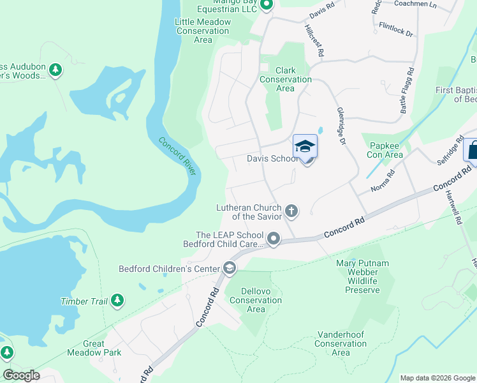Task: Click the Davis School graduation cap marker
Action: (305, 147)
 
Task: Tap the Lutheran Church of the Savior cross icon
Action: (291, 210)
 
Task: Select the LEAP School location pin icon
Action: (274, 239)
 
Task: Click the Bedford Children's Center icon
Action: (229, 269)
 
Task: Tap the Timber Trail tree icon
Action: (117, 300)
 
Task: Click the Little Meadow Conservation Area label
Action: (203, 31)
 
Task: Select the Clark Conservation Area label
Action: (285, 79)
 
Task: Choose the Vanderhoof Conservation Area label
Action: (341, 343)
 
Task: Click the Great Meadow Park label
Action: (94, 348)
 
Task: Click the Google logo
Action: (21, 375)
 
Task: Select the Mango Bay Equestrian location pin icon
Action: (267, 6)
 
